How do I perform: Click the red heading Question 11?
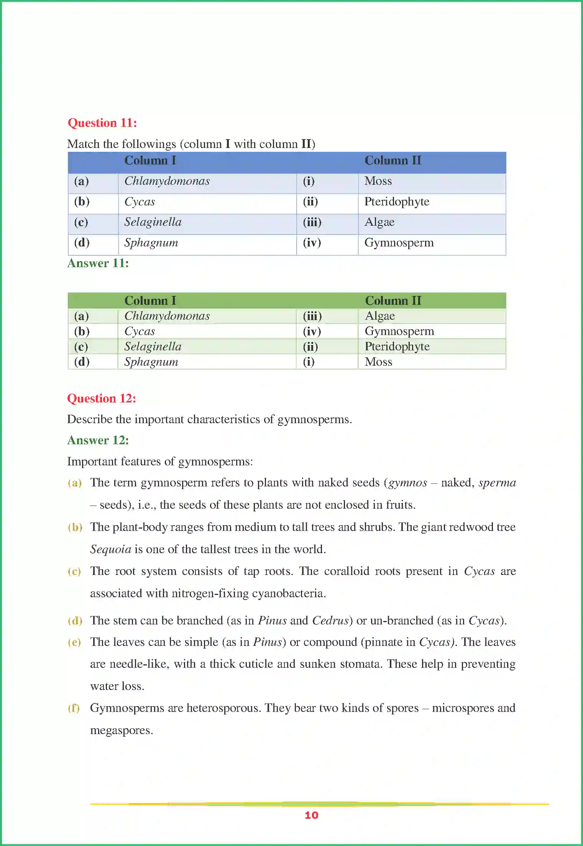coord(102,123)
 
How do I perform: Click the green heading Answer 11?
coord(98,263)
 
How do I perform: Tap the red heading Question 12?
coord(102,398)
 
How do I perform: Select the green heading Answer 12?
coord(98,440)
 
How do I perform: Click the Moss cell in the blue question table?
coord(378,181)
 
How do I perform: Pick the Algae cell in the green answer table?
coord(379,316)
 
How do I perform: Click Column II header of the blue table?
coord(392,160)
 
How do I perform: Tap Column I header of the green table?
coord(150,301)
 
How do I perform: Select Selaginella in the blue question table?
coord(153,222)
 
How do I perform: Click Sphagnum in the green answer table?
coord(151,362)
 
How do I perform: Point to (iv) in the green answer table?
coord(312,331)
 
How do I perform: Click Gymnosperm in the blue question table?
coord(399,243)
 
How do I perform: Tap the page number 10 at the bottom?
coord(311,815)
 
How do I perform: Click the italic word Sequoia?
coord(110,549)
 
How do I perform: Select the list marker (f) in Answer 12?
coord(74,708)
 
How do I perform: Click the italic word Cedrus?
coord(330,621)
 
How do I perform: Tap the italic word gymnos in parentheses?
coord(408,483)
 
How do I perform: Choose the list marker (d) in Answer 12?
coord(75,621)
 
